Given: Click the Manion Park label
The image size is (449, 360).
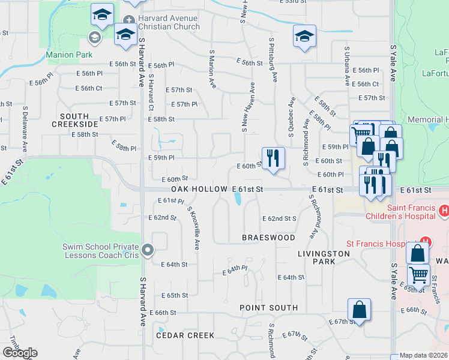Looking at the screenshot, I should [70, 55].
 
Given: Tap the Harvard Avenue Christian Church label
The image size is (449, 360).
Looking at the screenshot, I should [168, 23].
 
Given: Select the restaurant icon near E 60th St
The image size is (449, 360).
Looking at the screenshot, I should [273, 158].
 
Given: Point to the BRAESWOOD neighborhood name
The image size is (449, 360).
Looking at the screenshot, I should [268, 238].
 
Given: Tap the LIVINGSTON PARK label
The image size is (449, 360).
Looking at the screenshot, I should [324, 258].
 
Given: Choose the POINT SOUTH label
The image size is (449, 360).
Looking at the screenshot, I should [268, 308].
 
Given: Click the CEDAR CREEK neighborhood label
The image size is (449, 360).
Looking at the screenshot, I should [185, 335].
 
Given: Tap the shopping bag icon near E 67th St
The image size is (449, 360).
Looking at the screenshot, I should [359, 310].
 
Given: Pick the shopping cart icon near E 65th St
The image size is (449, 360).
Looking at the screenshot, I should [418, 276].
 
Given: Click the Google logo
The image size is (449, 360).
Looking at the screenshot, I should [20, 353].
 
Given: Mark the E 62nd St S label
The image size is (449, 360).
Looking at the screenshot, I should [280, 218].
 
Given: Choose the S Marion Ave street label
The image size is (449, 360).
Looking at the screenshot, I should [212, 69].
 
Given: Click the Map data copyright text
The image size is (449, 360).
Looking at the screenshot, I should [424, 355].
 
